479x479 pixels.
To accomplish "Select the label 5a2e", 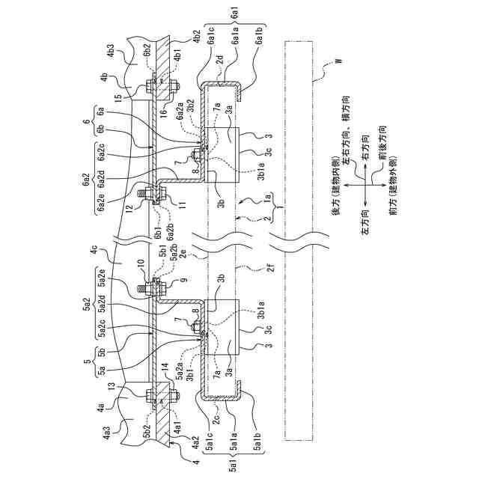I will (100, 287).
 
